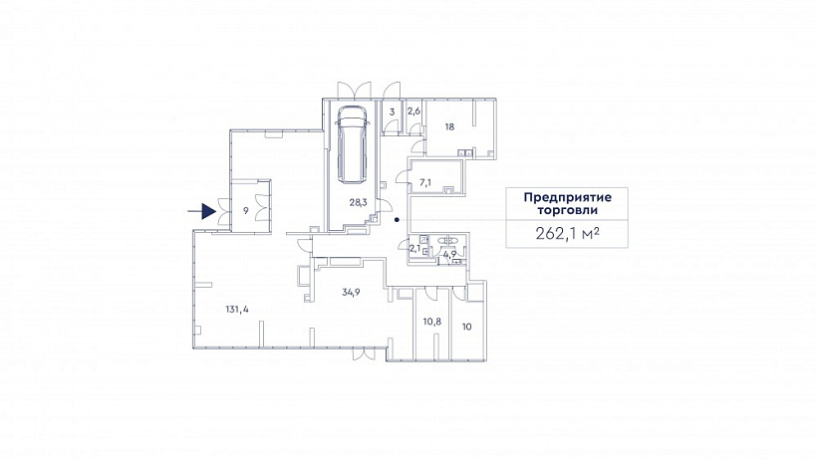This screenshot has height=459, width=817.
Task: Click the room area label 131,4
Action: [237, 309]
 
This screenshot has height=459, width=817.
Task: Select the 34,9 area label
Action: [351, 292]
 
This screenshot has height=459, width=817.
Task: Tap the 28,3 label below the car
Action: [358, 202]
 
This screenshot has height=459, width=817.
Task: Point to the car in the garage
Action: [353, 144]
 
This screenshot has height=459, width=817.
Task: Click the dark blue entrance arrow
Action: [202, 211]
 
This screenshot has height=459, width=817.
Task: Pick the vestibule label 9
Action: [245, 211]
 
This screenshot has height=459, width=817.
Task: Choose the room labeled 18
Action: [449, 126]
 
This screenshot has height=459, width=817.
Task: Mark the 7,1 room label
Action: [425, 182]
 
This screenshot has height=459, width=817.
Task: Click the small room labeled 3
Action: [393, 112]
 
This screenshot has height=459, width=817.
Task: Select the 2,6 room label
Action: [413, 111]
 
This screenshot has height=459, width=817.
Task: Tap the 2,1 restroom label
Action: [414, 248]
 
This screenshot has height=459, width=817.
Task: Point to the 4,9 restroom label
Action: [449, 254]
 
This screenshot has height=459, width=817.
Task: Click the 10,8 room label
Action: [432, 322]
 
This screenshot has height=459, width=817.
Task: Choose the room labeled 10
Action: [467, 327]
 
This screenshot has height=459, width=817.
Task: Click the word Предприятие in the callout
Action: [568, 198]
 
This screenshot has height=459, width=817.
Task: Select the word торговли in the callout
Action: [568, 211]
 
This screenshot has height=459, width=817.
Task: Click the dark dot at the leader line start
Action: [397, 220]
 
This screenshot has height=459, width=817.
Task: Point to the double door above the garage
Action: [354, 90]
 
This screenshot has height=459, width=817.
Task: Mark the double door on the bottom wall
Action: [364, 353]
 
